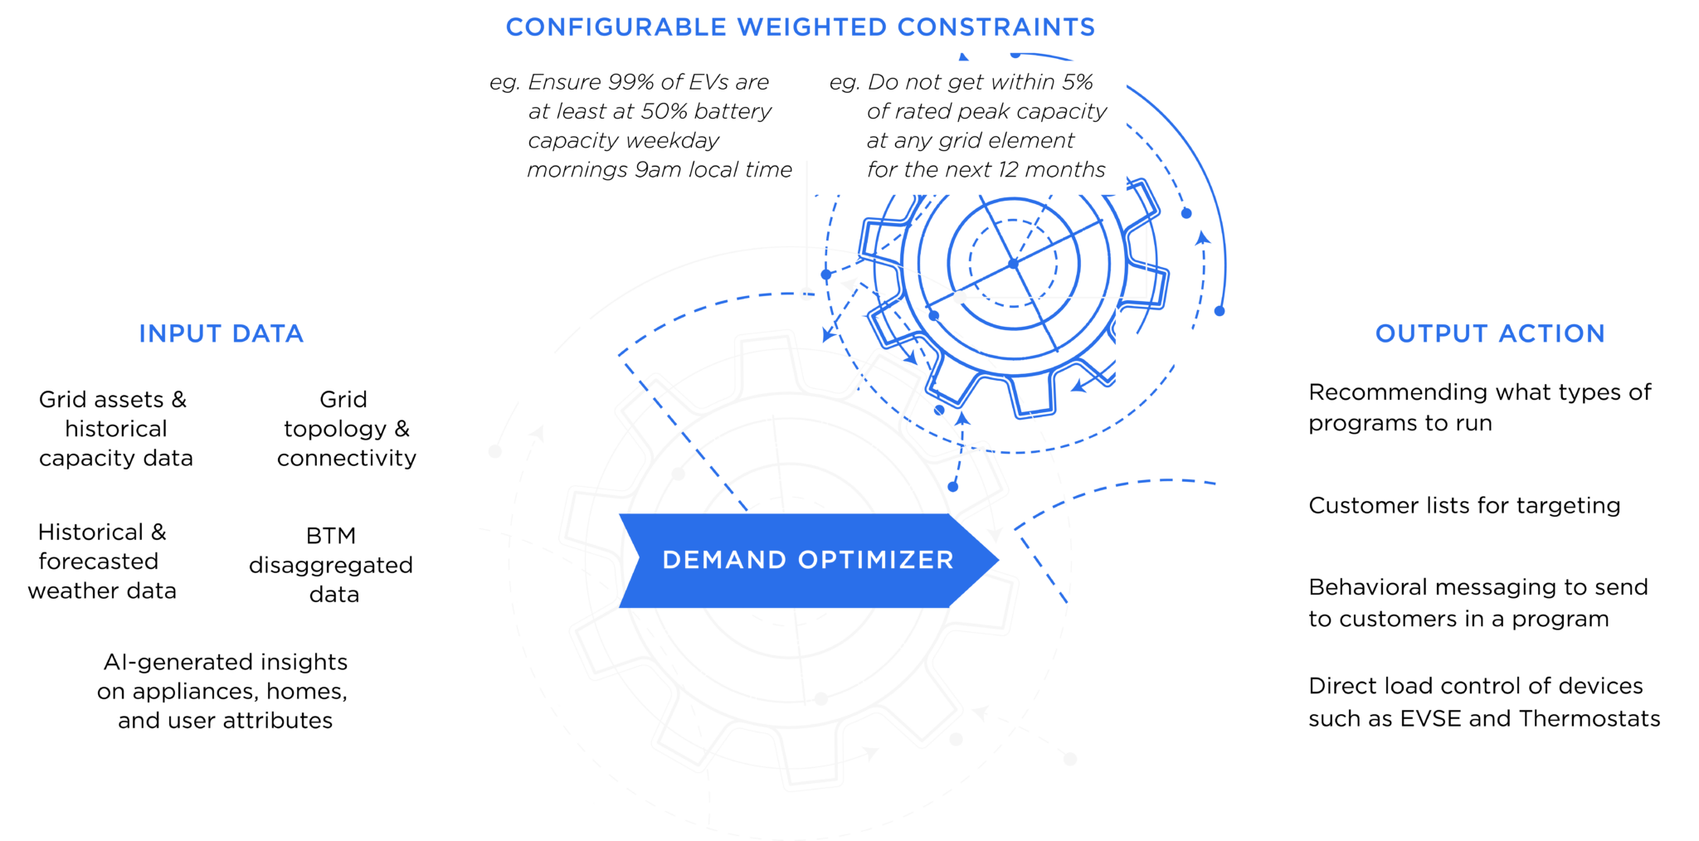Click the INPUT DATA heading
point(222,333)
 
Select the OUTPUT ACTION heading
point(1490,333)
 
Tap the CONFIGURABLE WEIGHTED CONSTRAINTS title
point(801,27)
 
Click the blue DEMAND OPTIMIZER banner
point(808,560)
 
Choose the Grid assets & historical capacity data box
point(116,428)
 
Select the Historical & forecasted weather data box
point(102,561)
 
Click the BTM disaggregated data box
point(332,565)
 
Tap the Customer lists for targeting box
point(1464,505)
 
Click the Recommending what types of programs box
point(1479,407)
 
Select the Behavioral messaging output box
point(1477,603)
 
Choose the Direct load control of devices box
point(1483,702)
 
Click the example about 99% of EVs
point(641,126)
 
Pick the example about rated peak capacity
point(971,126)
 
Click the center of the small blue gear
point(1014,263)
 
